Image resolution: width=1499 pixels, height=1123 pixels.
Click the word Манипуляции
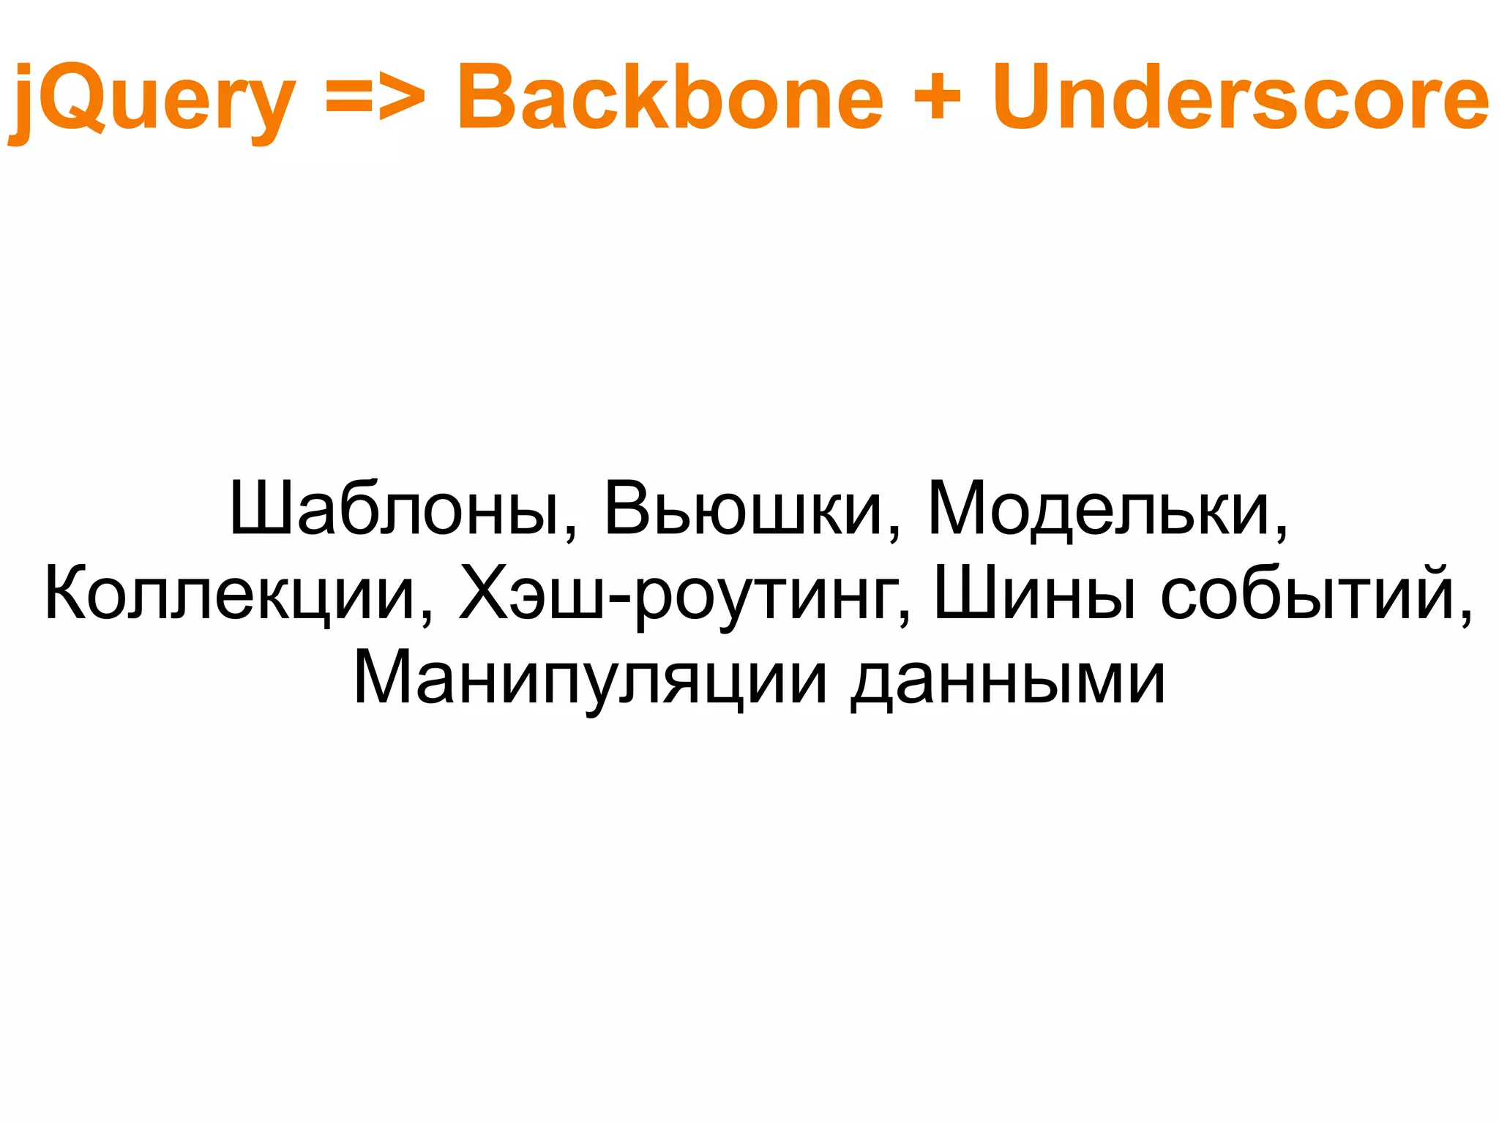590,679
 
